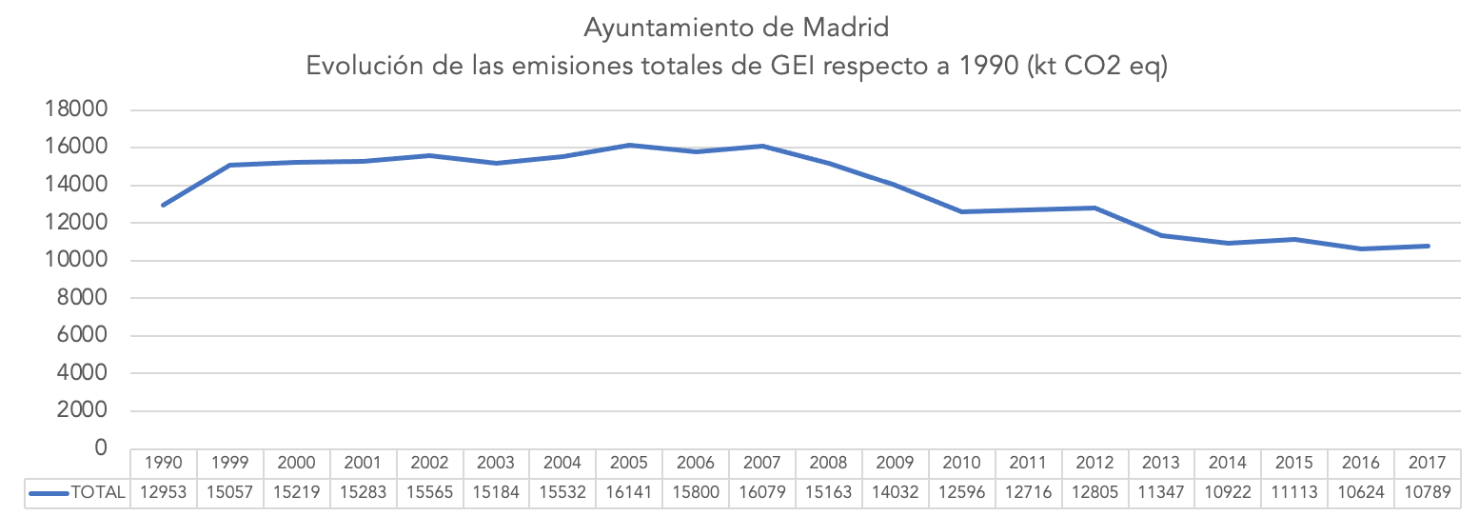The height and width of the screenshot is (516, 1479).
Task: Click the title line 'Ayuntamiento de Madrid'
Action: (x=737, y=28)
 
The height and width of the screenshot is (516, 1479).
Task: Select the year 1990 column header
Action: (x=164, y=464)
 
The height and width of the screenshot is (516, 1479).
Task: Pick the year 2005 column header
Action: (x=628, y=464)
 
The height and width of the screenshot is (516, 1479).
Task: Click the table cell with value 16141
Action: (x=628, y=492)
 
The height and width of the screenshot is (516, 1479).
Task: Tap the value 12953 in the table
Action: (x=164, y=492)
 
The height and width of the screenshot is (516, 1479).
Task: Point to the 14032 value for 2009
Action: (x=895, y=492)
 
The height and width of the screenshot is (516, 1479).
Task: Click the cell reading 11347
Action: (x=1160, y=492)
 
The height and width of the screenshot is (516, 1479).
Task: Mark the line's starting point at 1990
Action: (x=164, y=205)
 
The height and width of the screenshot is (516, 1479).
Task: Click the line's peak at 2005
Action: (x=628, y=146)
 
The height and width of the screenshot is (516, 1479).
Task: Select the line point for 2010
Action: (x=961, y=211)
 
